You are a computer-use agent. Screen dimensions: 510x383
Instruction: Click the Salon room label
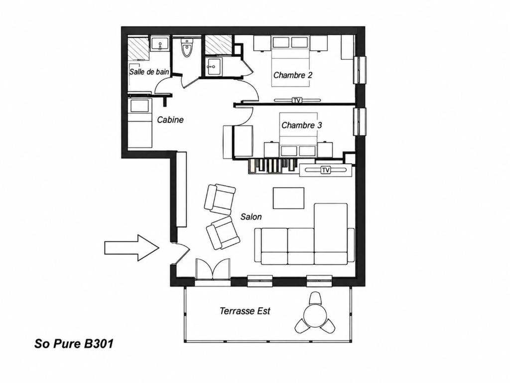(x=251, y=216)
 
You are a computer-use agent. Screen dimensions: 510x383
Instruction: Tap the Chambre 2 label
(x=293, y=75)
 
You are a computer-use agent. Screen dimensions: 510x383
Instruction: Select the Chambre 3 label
(x=301, y=125)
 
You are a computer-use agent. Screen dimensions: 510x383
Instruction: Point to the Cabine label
(x=170, y=120)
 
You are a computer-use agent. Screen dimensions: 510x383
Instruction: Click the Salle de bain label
(x=149, y=72)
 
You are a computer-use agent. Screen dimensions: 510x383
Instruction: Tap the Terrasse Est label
(x=245, y=311)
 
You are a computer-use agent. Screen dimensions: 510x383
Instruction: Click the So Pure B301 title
(x=74, y=344)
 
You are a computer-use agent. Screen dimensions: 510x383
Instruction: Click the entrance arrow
(x=131, y=247)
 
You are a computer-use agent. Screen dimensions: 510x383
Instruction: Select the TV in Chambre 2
(x=296, y=100)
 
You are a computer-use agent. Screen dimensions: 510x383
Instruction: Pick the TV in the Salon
(x=325, y=170)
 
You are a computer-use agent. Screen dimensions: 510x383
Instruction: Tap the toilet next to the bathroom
(x=187, y=48)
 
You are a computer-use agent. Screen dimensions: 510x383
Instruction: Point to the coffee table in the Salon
(x=288, y=198)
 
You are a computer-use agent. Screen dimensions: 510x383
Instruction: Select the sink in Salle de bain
(x=160, y=44)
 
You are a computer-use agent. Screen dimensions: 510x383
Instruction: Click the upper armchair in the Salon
(x=220, y=199)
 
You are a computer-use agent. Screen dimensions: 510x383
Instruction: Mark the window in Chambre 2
(x=360, y=70)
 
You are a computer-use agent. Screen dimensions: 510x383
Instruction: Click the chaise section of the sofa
(x=331, y=233)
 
